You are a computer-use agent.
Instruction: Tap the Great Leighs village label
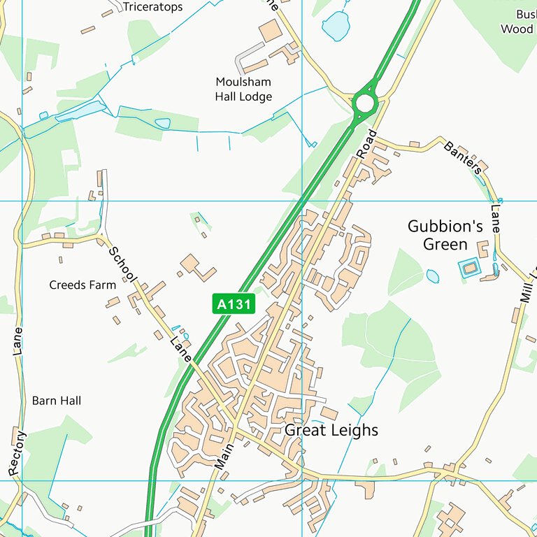point(331,430)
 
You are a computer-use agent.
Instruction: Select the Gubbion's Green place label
point(445,235)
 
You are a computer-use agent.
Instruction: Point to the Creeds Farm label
point(83,285)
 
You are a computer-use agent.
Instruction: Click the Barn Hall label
point(56,401)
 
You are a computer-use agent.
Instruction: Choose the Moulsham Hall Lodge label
point(243,89)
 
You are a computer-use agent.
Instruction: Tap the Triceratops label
point(152,7)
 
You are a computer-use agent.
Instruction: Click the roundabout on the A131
point(364,104)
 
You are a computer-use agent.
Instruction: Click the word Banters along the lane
point(462,157)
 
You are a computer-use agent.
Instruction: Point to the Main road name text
point(223,454)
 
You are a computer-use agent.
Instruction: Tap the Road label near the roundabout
point(366,145)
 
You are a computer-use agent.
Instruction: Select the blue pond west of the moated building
point(433,276)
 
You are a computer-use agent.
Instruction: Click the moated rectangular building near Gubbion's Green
point(469,266)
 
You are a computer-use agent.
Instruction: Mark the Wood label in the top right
point(517,29)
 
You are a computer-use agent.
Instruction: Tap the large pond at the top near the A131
point(336,27)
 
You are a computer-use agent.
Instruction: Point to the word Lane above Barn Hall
point(18,341)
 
